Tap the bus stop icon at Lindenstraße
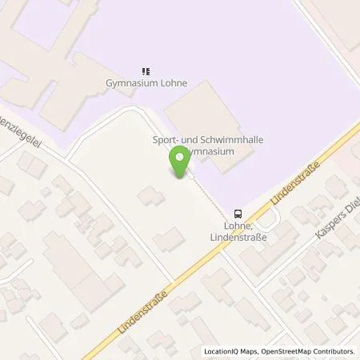pos(238,214)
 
